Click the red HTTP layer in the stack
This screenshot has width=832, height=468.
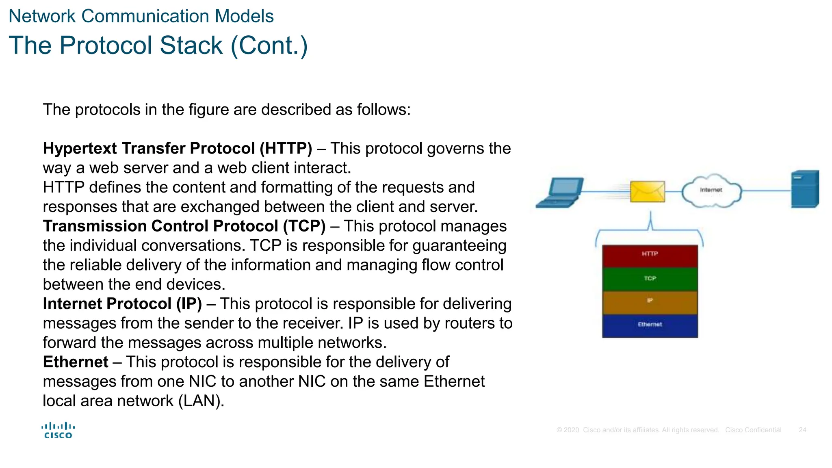click(x=650, y=256)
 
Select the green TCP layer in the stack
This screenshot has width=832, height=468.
click(x=650, y=279)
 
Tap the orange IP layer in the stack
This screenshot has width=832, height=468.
click(x=650, y=302)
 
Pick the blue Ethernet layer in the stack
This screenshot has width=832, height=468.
click(x=650, y=325)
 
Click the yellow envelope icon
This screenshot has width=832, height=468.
click(x=647, y=191)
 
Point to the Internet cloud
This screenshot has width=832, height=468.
click(x=711, y=191)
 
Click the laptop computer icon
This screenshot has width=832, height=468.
click(x=560, y=193)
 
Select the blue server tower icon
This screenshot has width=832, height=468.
click(x=804, y=189)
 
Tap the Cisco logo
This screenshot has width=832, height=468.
click(x=58, y=430)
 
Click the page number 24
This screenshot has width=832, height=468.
click(x=802, y=430)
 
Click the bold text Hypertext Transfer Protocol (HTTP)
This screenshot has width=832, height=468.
click(x=178, y=149)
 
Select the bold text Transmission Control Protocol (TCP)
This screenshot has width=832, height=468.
click(x=184, y=226)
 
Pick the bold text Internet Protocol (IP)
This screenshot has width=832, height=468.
click(x=122, y=304)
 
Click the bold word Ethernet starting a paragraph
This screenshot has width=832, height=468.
click(x=76, y=362)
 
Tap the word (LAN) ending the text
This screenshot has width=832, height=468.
click(x=201, y=401)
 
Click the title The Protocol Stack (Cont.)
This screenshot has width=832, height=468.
click(x=158, y=45)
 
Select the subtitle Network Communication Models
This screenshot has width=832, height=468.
click(x=141, y=16)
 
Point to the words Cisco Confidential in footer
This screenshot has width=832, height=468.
click(x=753, y=430)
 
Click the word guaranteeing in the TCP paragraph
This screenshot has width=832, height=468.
click(x=459, y=246)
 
